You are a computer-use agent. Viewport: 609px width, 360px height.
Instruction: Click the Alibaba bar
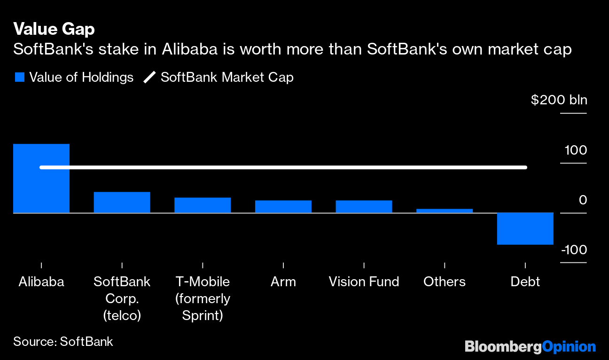pos(41,179)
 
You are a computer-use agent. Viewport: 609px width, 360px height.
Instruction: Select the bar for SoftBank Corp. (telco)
pos(122,203)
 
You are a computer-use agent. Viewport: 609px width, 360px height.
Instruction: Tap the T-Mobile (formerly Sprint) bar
pos(203,205)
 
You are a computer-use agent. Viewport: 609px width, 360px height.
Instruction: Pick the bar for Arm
pos(283,207)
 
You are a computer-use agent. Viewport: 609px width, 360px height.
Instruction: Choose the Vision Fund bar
pos(364,207)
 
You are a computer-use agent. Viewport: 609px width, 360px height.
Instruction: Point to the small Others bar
pos(445,211)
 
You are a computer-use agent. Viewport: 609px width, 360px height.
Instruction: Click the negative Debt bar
pos(525,229)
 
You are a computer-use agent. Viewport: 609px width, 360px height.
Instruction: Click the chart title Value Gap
pos(54,29)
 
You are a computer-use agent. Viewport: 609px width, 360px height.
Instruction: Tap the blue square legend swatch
pos(19,78)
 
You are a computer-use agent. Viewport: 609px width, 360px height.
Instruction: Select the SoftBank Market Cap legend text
pos(227,78)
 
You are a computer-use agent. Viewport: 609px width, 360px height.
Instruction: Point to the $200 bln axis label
pos(559,100)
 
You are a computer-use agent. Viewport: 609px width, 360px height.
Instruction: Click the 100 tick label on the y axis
pos(576,150)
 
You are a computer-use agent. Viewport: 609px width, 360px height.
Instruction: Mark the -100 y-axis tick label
pos(574,250)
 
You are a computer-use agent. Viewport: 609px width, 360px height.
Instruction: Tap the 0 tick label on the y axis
pos(583,200)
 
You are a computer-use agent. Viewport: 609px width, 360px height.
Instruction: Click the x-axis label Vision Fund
pos(364,282)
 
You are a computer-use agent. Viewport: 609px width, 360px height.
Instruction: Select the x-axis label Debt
pos(525,282)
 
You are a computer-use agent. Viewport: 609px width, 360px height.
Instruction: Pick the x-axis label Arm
pos(283,282)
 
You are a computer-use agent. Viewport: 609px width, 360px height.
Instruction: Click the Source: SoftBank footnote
pos(63,341)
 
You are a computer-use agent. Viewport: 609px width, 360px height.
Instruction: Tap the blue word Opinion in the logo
pos(569,347)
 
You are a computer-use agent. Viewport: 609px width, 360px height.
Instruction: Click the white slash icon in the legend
pos(149,78)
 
